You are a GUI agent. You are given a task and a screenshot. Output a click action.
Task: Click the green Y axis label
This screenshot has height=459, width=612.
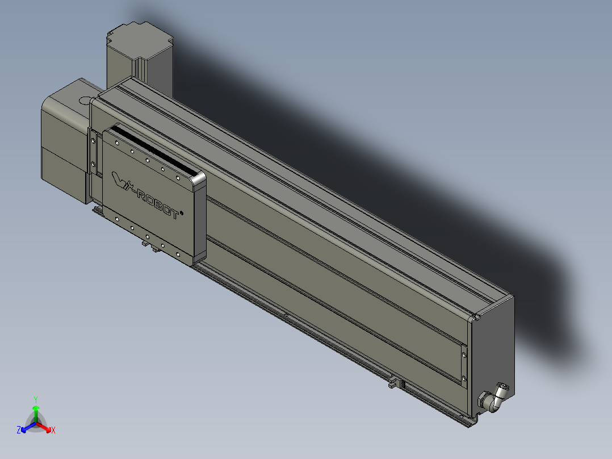[x=35, y=399]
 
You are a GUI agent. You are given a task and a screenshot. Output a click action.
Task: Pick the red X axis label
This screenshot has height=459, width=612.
[x=53, y=431]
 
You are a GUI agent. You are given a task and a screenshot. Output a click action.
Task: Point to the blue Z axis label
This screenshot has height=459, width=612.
[x=19, y=431]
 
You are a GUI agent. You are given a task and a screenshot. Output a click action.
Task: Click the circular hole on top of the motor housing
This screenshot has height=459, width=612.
[x=85, y=101]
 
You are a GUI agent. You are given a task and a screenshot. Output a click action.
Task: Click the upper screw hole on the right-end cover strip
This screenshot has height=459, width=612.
[x=465, y=354]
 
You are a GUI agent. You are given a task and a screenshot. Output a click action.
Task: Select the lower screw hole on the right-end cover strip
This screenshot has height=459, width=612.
[x=464, y=378]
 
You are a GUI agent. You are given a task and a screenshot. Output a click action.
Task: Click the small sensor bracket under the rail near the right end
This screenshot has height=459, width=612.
[x=392, y=384]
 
